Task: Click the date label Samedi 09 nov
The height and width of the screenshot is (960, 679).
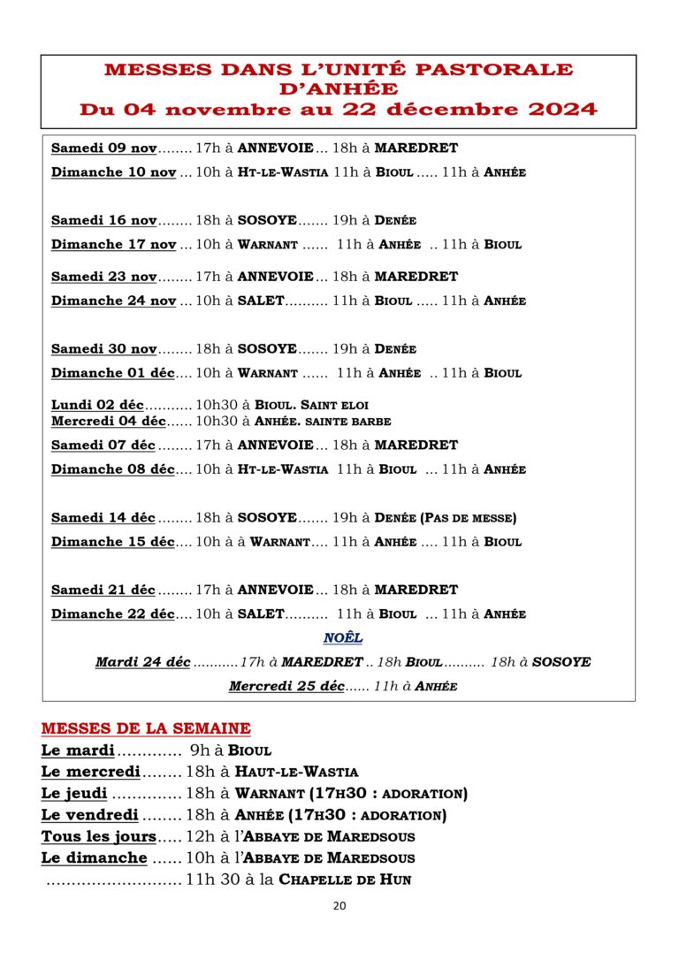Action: tap(103, 149)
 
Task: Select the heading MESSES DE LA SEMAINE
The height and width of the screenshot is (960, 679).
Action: tap(146, 728)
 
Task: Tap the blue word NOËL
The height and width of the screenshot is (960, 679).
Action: tap(342, 637)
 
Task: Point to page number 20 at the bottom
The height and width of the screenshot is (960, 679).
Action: tap(339, 905)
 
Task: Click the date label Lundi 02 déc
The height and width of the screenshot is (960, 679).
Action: tap(97, 405)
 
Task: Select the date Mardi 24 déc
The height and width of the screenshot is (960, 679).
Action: tap(142, 662)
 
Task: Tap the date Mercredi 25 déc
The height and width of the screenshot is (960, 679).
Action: tap(286, 686)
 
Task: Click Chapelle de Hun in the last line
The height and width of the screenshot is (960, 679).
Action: tap(345, 880)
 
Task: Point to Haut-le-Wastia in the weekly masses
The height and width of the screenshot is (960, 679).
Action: tap(296, 772)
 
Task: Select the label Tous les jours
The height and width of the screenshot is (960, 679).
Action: tap(99, 836)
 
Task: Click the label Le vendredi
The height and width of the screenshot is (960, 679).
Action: tap(89, 815)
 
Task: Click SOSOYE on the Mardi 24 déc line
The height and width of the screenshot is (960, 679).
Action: tap(562, 662)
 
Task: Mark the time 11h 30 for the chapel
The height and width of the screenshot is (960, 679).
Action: tap(210, 880)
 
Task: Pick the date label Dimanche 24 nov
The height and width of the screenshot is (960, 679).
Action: tap(113, 301)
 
